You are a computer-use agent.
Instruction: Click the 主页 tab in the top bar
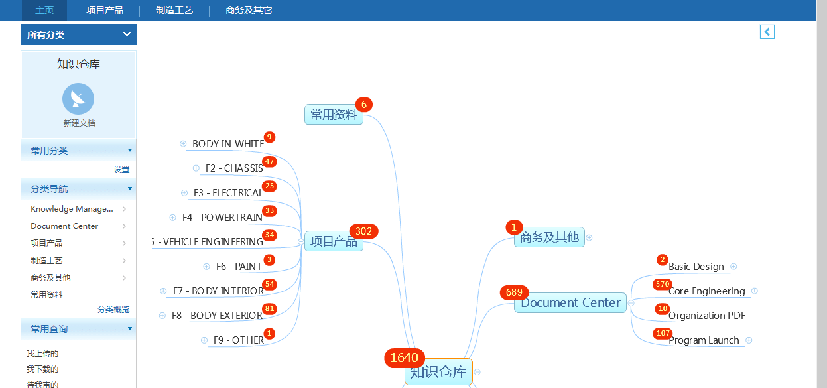pos(44,11)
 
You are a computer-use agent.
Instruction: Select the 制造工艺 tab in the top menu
pos(174,11)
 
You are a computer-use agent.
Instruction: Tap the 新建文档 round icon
pos(78,99)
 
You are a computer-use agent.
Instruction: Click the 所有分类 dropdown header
pos(78,34)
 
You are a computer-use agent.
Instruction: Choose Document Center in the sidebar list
pos(64,226)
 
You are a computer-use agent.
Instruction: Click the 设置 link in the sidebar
pos(121,170)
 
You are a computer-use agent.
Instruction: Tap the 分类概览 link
pos(113,310)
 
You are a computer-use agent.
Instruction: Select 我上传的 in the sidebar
pos(42,354)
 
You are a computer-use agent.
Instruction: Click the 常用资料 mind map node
pos(334,115)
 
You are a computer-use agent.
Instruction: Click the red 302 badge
pos(363,231)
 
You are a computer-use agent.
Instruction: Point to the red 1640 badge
pos(405,358)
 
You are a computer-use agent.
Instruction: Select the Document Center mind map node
pos(570,303)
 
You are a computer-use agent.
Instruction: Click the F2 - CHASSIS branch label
pos(234,168)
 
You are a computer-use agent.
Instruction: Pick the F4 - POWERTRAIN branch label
pos(222,218)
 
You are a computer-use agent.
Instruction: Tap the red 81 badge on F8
pos(269,309)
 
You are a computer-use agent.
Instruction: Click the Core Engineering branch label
pos(706,291)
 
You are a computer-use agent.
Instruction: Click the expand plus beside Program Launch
pos(749,340)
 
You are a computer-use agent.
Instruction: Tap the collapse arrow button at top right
pos(767,32)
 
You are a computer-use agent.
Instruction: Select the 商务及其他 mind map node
pos(549,237)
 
